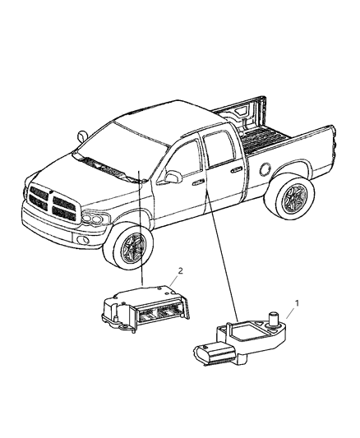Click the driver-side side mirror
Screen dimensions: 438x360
click(173, 177)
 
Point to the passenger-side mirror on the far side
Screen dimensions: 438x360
click(82, 134)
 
